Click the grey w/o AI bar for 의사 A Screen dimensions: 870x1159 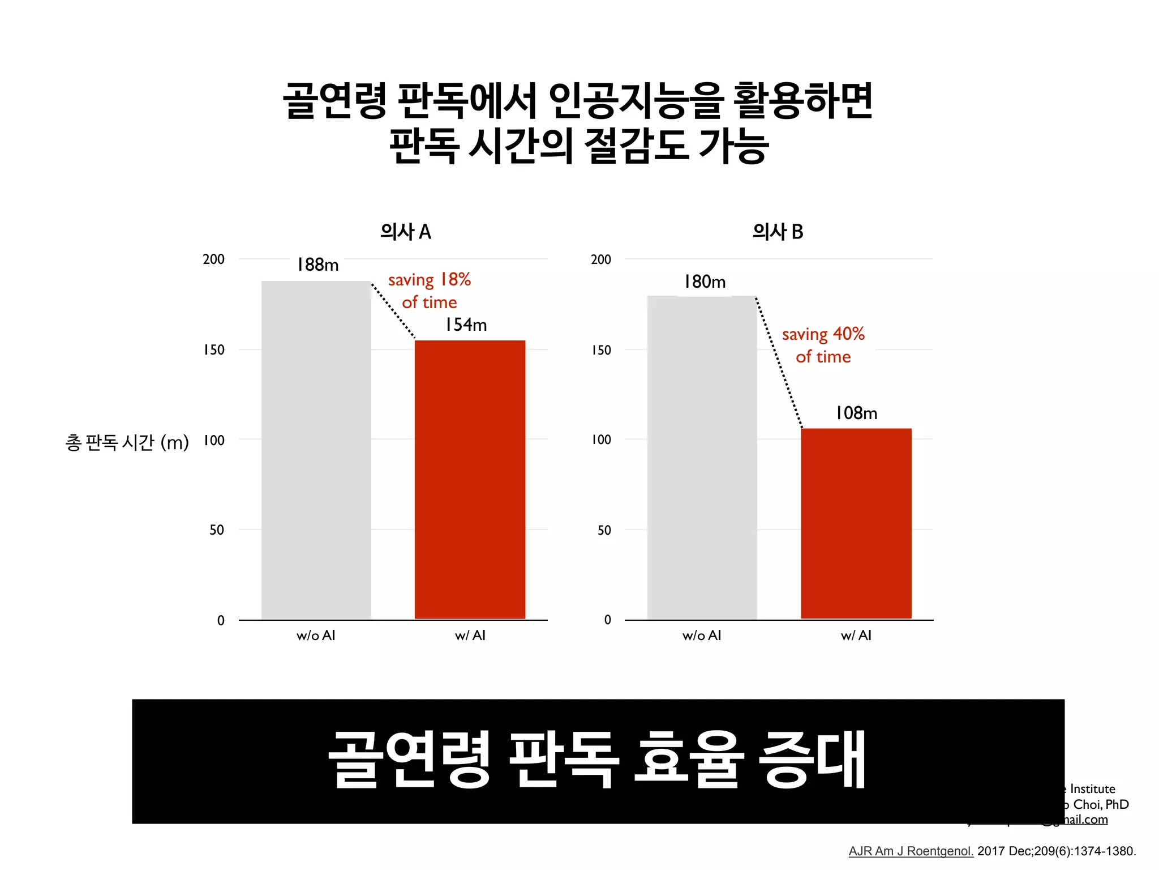[x=316, y=450]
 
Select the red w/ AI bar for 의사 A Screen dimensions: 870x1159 [x=470, y=479]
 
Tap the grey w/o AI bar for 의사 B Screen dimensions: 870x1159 [x=702, y=458]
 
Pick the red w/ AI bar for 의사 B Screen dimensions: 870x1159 [x=856, y=523]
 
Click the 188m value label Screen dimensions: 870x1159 [x=317, y=265]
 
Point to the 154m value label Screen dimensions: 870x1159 [x=466, y=325]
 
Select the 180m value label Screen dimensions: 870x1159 [x=705, y=282]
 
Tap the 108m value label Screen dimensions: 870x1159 [x=856, y=413]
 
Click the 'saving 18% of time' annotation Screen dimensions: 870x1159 [x=430, y=291]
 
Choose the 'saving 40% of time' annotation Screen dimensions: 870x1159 [x=823, y=345]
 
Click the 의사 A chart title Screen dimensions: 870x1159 [x=405, y=232]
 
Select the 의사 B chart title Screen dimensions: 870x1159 [x=778, y=232]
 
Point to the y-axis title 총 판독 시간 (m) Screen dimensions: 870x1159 [x=127, y=442]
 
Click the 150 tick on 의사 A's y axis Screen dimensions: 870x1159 [x=214, y=350]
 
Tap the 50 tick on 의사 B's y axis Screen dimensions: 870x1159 [x=604, y=530]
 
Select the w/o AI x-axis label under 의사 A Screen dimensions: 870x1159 [x=316, y=636]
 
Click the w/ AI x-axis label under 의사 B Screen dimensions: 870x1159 [x=856, y=636]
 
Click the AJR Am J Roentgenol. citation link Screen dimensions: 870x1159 [x=911, y=851]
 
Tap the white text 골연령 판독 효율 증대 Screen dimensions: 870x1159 [x=597, y=760]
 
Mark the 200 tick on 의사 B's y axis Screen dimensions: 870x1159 [x=600, y=259]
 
